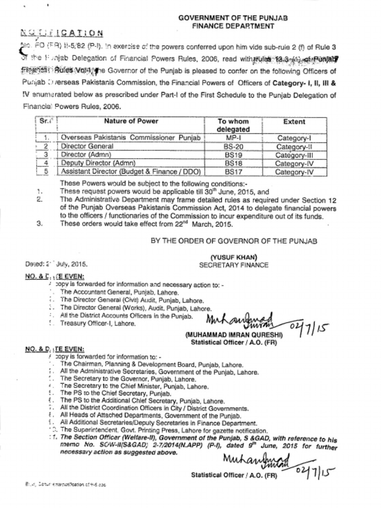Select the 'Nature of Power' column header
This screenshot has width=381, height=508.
(x=131, y=121)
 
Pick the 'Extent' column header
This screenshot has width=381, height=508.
(x=294, y=121)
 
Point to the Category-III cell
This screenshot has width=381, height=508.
(x=294, y=155)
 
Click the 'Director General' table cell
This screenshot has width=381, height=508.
(x=87, y=146)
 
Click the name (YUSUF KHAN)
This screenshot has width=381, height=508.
(x=233, y=257)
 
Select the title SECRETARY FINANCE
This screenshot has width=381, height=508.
(x=233, y=265)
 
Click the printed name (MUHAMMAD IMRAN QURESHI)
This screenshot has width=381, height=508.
(x=234, y=335)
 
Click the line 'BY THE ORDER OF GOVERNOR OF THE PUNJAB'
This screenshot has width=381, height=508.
(x=234, y=241)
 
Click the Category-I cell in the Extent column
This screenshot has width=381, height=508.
(x=294, y=137)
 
